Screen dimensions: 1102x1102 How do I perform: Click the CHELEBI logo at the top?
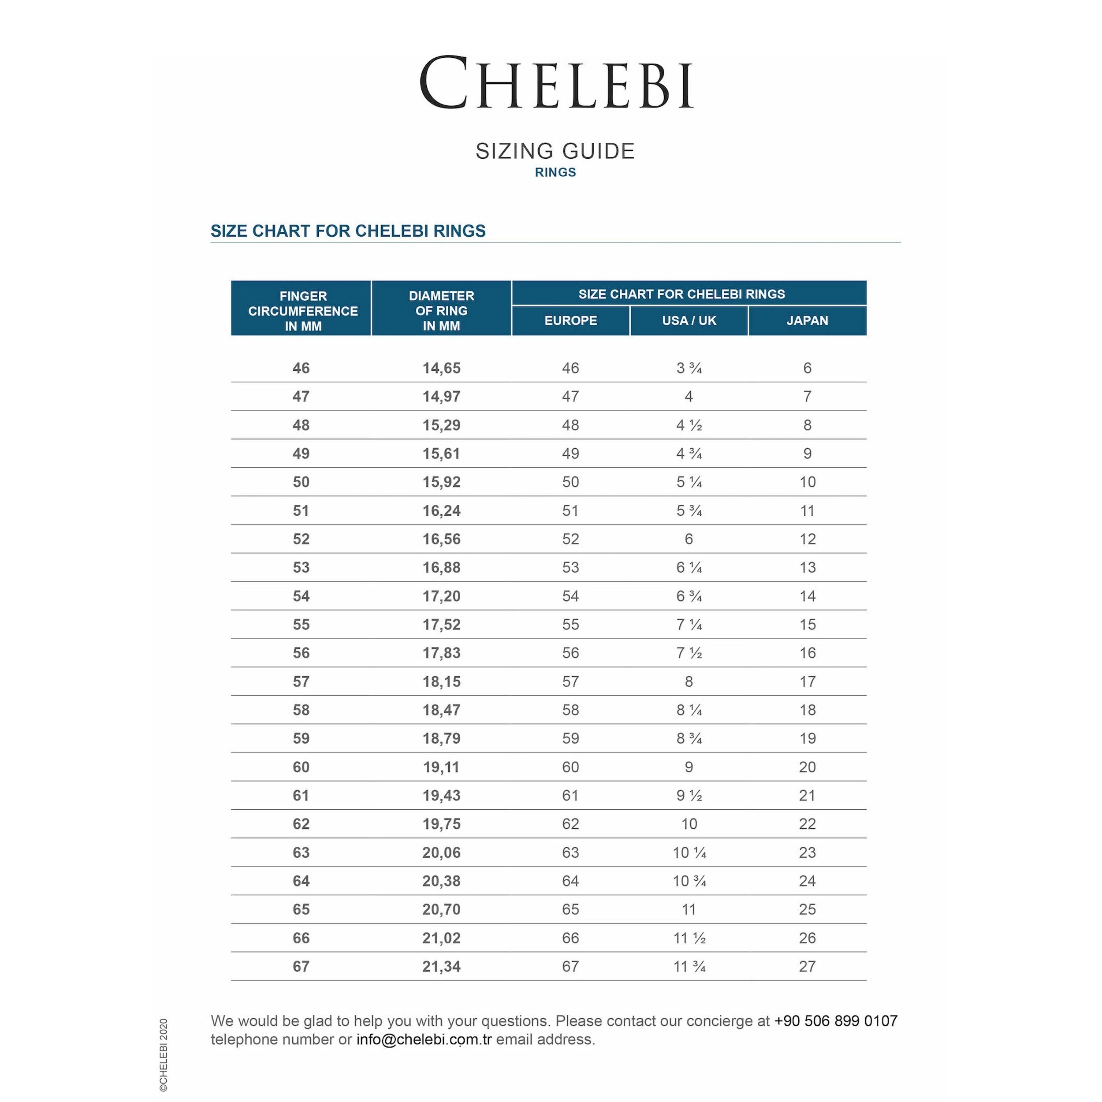pos(556,83)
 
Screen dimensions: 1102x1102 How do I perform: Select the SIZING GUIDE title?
pos(555,151)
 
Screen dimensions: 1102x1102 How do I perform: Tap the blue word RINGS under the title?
pos(555,172)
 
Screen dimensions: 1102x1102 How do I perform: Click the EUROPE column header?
pos(570,320)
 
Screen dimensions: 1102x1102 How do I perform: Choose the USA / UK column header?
pos(689,320)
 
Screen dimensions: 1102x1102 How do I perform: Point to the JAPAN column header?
pos(807,320)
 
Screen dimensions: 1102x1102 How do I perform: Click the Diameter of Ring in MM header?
pos(441,311)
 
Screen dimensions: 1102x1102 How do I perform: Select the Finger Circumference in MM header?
pos(302,311)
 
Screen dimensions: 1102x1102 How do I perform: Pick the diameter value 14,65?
pos(441,369)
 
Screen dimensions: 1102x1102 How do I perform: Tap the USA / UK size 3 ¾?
pos(689,369)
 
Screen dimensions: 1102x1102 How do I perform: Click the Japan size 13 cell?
pos(807,568)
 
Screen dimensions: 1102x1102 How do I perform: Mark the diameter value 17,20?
pos(441,596)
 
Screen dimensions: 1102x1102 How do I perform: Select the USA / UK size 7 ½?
pos(689,653)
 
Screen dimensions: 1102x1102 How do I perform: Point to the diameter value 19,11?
pos(441,767)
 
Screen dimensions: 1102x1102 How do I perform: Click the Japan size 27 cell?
pos(807,967)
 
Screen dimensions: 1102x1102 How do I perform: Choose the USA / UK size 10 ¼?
pos(689,853)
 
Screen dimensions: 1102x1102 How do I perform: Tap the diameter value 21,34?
pos(441,967)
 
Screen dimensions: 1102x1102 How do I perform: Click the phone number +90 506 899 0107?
pos(836,1021)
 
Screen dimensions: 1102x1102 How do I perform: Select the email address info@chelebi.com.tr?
pos(424,1039)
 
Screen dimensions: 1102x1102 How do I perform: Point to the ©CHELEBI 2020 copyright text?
pos(164,1055)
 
